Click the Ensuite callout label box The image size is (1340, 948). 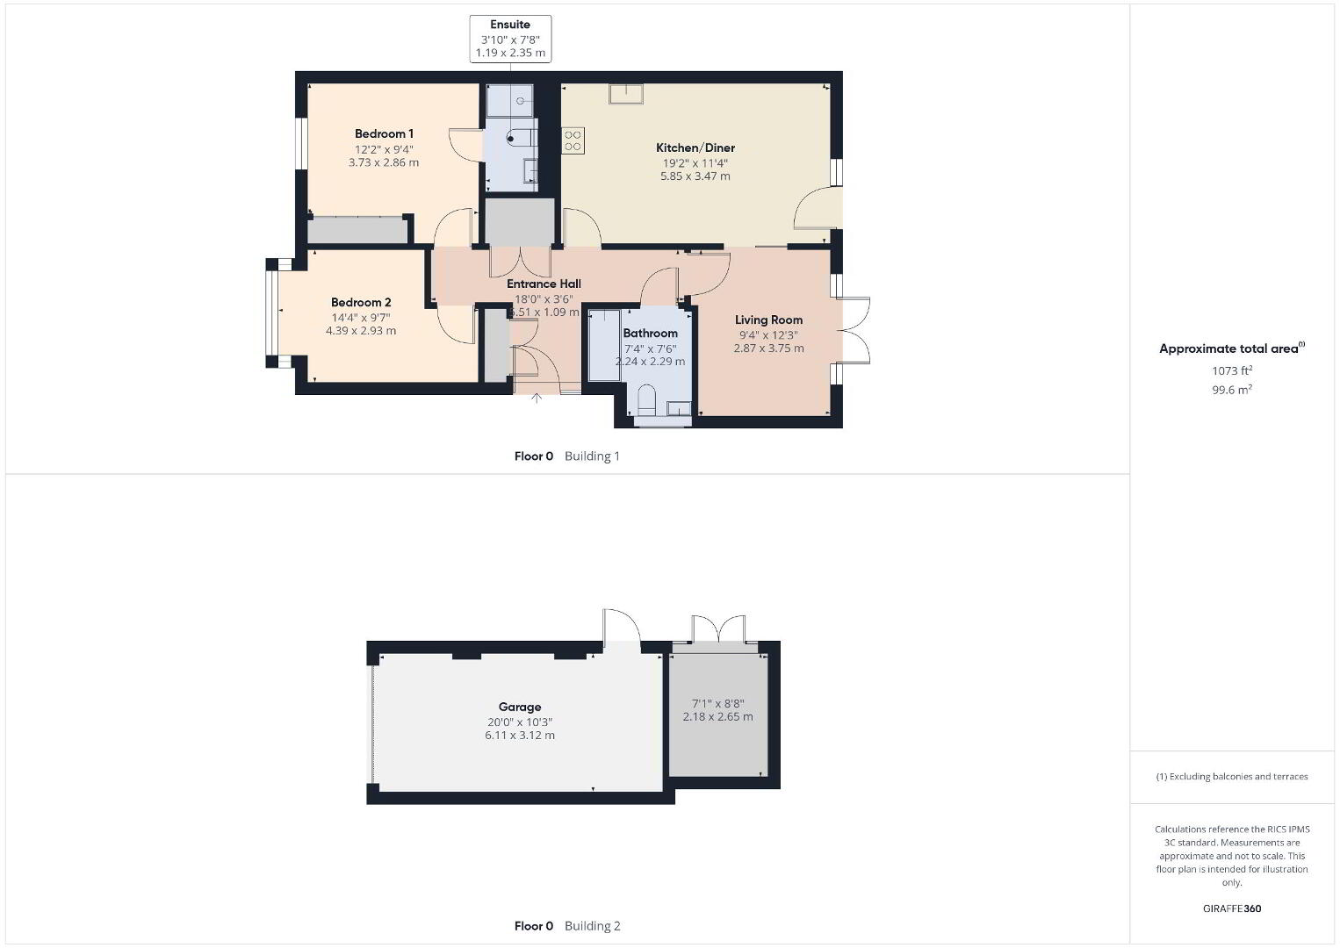coord(510,39)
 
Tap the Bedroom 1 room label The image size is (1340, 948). coord(384,134)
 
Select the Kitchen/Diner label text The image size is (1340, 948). coord(695,147)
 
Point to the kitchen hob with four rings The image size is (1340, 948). coord(573,140)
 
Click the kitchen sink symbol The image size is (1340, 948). coord(626,94)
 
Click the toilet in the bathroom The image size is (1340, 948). coord(646,400)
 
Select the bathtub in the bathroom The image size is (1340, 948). coord(604,345)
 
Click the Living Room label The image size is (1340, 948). coord(768,320)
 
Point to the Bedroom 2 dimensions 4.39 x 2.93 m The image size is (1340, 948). coord(361,331)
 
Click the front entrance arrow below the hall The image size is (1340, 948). coord(537,398)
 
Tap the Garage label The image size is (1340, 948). coord(520,707)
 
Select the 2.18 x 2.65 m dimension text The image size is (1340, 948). coord(718,716)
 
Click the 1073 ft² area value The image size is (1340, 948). coord(1232,370)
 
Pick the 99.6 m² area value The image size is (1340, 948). coord(1232,390)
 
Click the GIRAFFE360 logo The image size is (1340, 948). coord(1232,908)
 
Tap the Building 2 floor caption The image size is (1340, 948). coord(592,926)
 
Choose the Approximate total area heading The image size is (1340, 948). coord(1232,348)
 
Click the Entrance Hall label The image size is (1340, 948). coord(544,284)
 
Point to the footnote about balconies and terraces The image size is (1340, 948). coord(1232,776)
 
